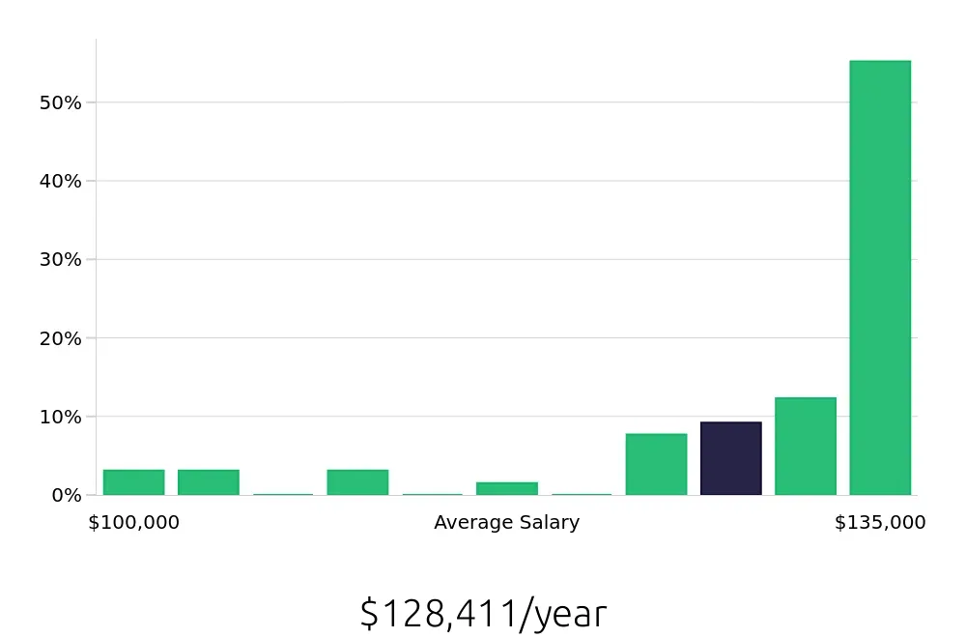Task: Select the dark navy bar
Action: pyautogui.click(x=731, y=458)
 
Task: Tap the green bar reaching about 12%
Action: pyautogui.click(x=806, y=446)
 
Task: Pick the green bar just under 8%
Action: pyautogui.click(x=656, y=464)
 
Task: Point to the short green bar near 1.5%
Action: pyautogui.click(x=507, y=488)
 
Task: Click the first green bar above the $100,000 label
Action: pyautogui.click(x=133, y=482)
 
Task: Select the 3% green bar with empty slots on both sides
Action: pyautogui.click(x=357, y=482)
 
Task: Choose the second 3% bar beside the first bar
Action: pyautogui.click(x=208, y=482)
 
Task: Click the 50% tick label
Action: pyautogui.click(x=60, y=102)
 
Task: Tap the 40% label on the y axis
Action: pyautogui.click(x=60, y=181)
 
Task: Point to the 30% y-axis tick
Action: pyautogui.click(x=60, y=259)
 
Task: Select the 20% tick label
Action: pyautogui.click(x=60, y=338)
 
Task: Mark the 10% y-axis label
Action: pyautogui.click(x=60, y=417)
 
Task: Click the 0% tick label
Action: pyautogui.click(x=66, y=495)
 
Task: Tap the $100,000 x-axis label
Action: pyautogui.click(x=133, y=523)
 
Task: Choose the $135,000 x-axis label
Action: pyautogui.click(x=880, y=523)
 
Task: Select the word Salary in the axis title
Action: pyautogui.click(x=552, y=523)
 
